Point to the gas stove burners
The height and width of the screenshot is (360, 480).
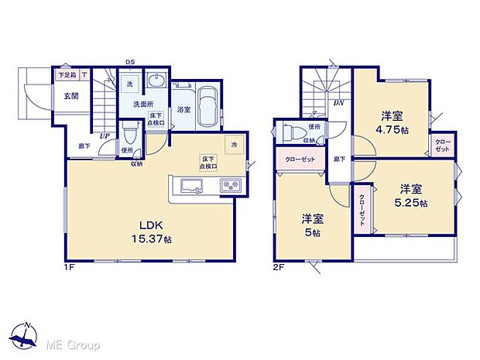click(231, 186)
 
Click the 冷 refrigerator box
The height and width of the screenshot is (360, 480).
click(233, 144)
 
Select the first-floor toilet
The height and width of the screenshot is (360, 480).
click(129, 129)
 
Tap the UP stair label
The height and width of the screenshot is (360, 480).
click(103, 136)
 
